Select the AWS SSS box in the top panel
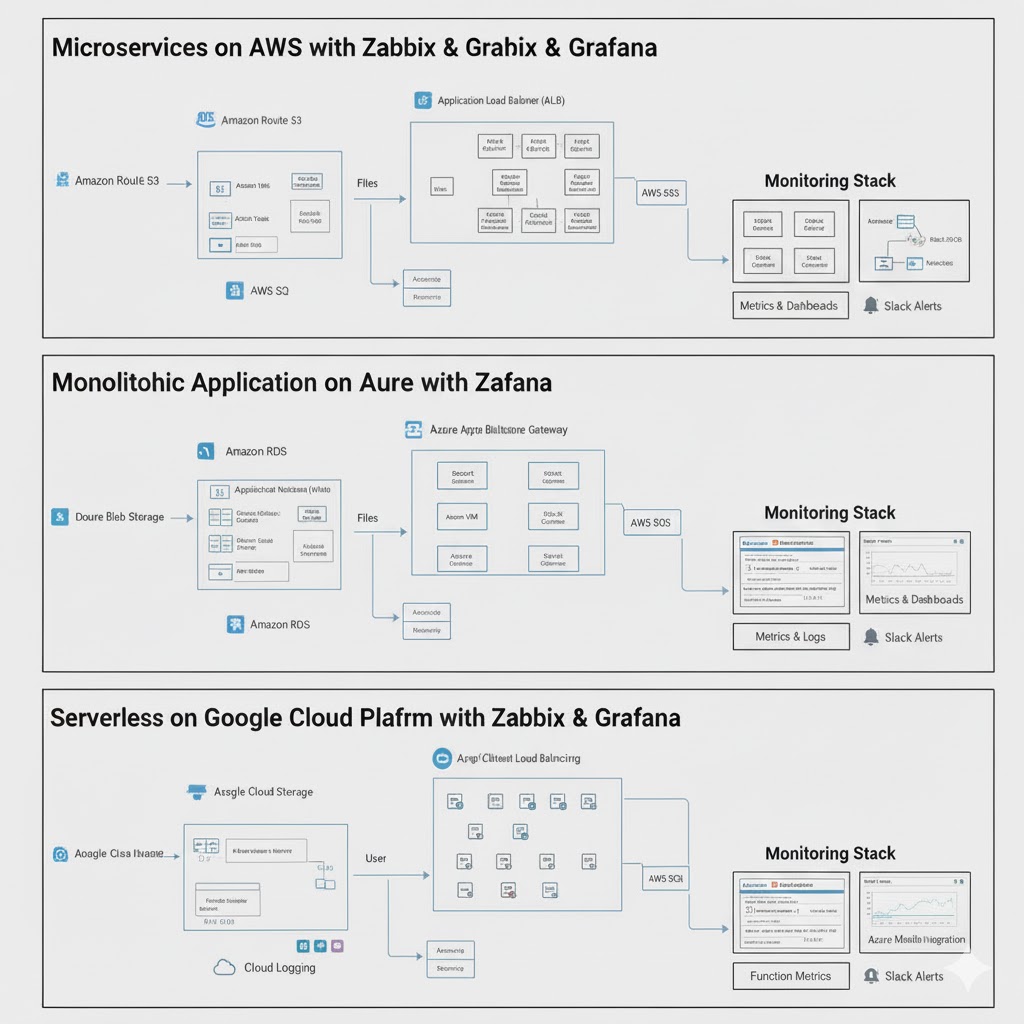[661, 192]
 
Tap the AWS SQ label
[269, 291]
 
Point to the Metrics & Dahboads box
[789, 305]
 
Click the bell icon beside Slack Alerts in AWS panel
[871, 305]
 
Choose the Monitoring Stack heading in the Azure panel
[830, 513]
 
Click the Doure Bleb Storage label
[119, 517]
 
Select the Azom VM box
[461, 517]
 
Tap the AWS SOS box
[650, 523]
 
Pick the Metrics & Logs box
[790, 637]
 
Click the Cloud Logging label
[279, 967]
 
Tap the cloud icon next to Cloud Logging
[225, 967]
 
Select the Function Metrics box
[791, 976]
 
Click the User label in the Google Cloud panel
[376, 858]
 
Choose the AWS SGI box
[665, 879]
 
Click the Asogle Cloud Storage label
[263, 792]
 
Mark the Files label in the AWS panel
[367, 183]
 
